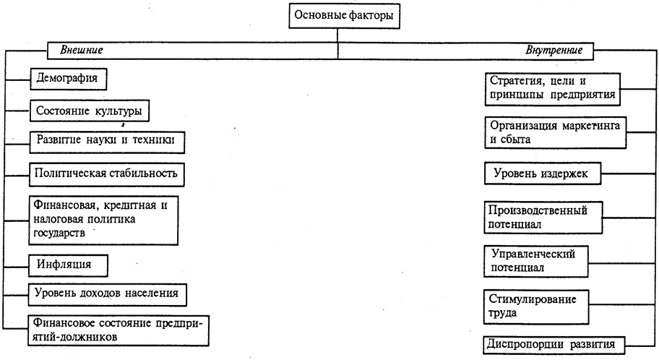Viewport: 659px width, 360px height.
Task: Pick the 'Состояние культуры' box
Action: pyautogui.click(x=92, y=111)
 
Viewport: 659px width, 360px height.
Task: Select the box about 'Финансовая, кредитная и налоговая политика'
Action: pyautogui.click(x=103, y=219)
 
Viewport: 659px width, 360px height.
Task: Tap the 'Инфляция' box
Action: pyautogui.click(x=68, y=264)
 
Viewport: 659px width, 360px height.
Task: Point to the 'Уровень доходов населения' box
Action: pyautogui.click(x=105, y=294)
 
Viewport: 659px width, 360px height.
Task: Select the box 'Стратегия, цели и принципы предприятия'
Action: pyautogui.click(x=552, y=87)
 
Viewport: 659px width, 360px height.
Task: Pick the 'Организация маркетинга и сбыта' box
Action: pyautogui.click(x=553, y=132)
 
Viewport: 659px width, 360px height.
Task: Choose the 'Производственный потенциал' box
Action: pyautogui.click(x=542, y=217)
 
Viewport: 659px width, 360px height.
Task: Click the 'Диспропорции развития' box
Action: pyautogui.click(x=553, y=343)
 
